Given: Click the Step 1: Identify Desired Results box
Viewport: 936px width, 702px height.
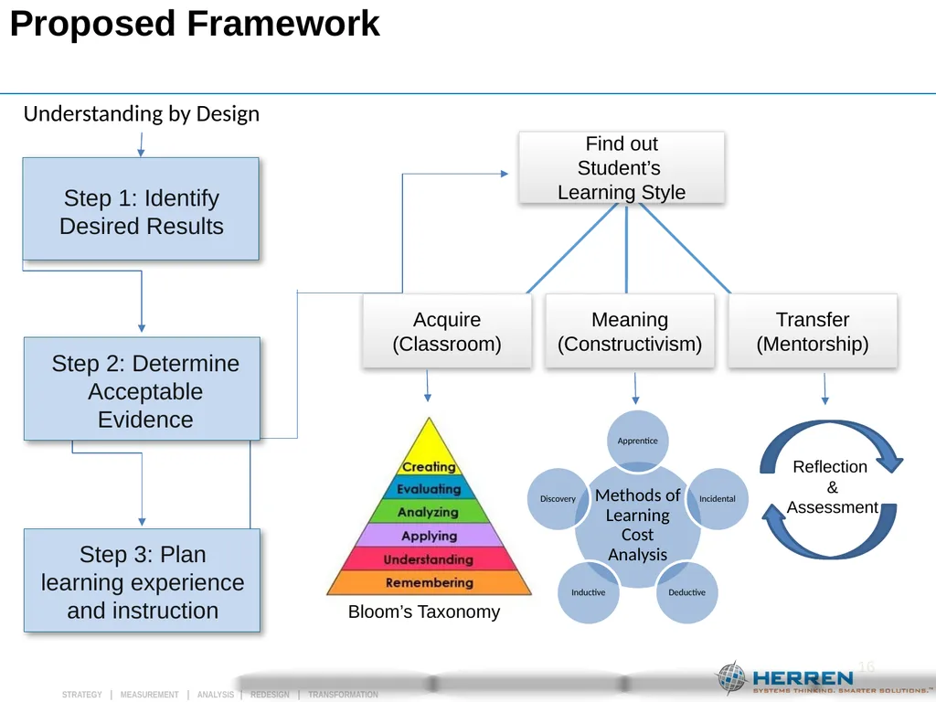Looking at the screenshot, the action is click(x=141, y=209).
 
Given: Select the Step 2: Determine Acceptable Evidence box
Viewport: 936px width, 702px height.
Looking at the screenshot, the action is click(x=142, y=388).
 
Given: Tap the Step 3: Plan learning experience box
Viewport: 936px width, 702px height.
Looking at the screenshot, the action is click(x=142, y=580).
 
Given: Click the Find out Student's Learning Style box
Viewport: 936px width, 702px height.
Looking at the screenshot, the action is click(x=622, y=168).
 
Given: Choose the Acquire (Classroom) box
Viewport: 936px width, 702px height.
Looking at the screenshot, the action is click(x=447, y=331).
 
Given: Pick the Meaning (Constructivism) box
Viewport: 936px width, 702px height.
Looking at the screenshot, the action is click(x=630, y=331).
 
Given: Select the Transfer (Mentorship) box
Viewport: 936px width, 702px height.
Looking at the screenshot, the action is click(x=813, y=331).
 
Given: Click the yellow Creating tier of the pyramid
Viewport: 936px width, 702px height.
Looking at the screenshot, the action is click(x=429, y=453).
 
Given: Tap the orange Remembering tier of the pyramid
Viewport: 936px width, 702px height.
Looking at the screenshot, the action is click(x=430, y=582).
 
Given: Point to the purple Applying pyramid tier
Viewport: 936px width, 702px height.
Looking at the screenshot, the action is click(x=430, y=535).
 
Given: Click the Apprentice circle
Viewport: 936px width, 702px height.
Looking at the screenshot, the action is click(x=637, y=441).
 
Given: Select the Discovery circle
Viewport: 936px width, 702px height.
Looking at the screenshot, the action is click(x=558, y=498).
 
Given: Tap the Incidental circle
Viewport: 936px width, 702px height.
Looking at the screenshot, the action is click(x=717, y=498).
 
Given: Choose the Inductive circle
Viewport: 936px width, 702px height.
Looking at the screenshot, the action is click(x=588, y=592).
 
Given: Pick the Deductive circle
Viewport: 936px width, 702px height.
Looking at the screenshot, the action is click(x=686, y=592).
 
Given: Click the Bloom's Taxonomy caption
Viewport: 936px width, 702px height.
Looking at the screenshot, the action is click(x=424, y=612).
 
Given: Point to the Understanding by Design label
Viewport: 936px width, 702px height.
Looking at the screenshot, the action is click(x=142, y=114).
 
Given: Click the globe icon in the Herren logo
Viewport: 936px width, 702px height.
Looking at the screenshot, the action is click(x=731, y=678).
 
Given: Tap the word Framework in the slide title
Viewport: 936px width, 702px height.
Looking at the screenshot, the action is click(x=283, y=24).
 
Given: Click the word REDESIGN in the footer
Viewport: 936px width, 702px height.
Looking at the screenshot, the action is click(x=270, y=695).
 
